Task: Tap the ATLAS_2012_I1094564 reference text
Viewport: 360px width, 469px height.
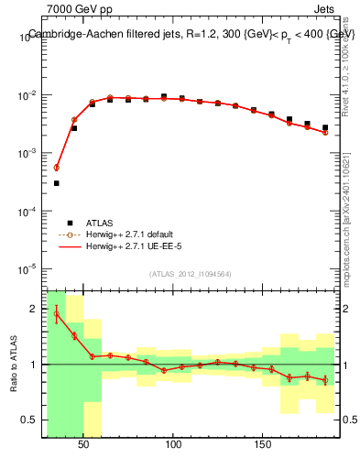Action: coord(191,274)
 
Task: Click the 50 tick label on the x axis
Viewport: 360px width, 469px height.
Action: coord(83,444)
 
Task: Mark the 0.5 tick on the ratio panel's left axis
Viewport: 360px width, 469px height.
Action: coord(31,420)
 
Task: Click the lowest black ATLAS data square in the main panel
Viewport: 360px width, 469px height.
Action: coord(57,183)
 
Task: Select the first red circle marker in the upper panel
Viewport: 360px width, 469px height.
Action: coord(57,168)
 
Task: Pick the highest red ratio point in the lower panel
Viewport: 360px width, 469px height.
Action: coord(57,314)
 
